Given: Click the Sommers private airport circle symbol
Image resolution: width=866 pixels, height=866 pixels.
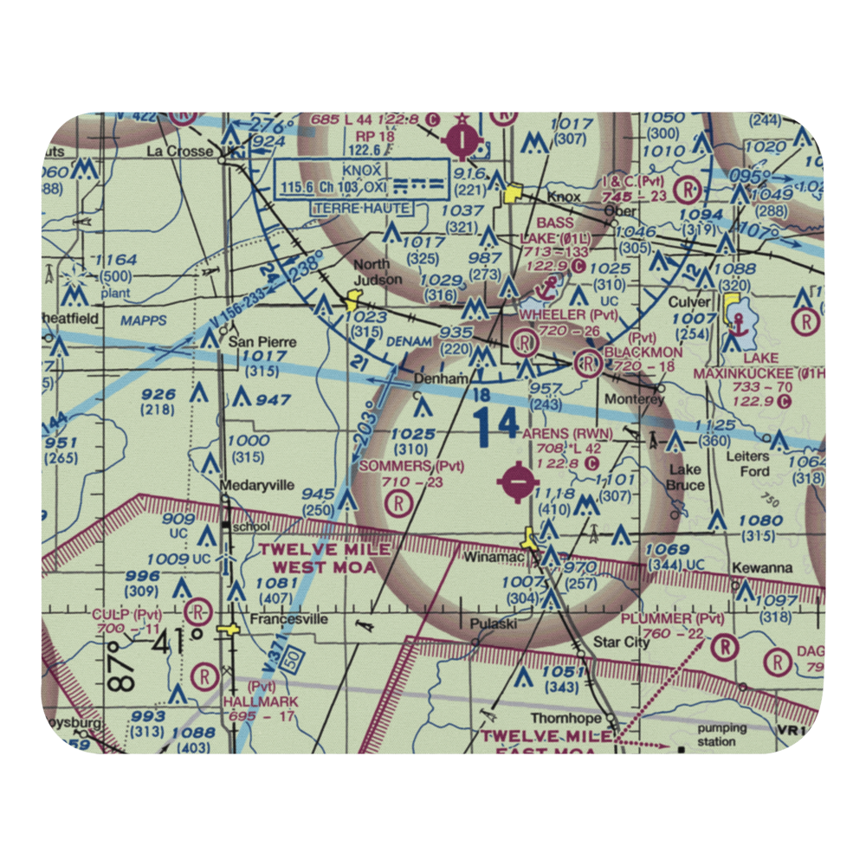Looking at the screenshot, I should point(398,501).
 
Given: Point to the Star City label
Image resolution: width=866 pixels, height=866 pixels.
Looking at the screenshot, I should point(621,643).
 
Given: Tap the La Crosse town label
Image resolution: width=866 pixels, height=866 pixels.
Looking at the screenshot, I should point(179,152).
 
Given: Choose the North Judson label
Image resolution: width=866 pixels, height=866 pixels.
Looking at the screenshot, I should point(378,272).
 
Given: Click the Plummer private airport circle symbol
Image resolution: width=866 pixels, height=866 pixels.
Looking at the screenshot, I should point(724,646).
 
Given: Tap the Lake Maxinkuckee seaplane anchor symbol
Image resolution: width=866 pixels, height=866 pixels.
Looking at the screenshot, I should point(738,322).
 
